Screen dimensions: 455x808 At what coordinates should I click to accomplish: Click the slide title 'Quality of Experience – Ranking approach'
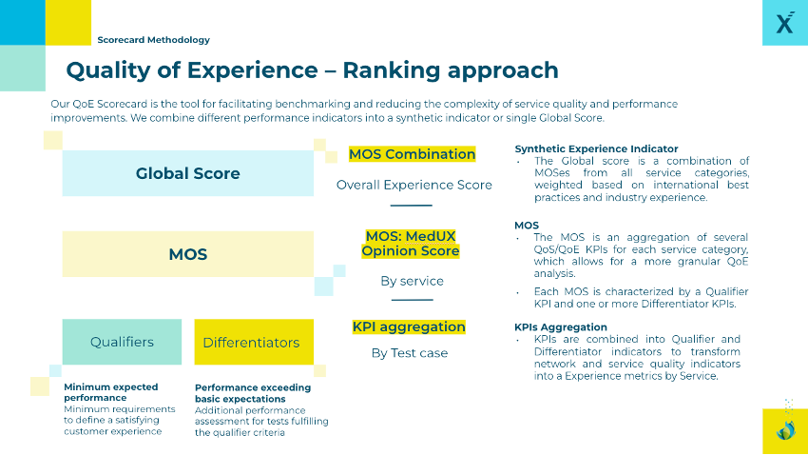point(312,70)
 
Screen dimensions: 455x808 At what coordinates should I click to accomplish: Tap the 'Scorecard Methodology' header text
point(153,40)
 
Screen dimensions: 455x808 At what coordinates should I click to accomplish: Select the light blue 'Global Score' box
point(187,173)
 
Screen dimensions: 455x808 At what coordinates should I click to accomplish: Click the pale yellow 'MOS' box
point(187,254)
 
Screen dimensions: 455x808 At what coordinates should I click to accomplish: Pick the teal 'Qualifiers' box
point(122,342)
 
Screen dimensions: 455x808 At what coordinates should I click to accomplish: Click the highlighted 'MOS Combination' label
point(412,154)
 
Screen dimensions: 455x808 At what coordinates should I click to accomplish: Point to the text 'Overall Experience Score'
point(414,185)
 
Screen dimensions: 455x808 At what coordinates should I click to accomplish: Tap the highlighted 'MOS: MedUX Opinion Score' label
point(412,244)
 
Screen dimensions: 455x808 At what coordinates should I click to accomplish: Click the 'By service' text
point(412,281)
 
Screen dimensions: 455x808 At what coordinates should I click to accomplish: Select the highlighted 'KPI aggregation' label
point(409,326)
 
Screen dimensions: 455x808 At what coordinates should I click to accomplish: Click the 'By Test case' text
point(409,353)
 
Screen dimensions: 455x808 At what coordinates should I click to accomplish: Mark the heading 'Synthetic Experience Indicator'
point(596,148)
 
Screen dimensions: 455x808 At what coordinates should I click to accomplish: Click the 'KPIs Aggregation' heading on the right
point(561,327)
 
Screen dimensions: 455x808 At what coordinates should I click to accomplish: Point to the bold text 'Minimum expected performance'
point(110,392)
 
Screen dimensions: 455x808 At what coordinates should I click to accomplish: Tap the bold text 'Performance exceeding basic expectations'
point(252,393)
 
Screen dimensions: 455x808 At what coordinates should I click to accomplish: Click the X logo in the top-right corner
point(784,23)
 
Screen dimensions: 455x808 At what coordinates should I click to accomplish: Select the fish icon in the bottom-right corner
point(785,430)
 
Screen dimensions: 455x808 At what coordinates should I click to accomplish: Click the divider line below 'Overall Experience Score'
point(412,206)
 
